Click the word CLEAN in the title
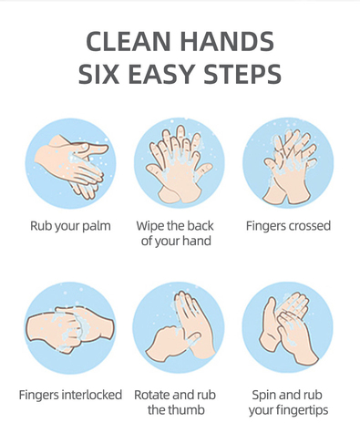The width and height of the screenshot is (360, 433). pyautogui.click(x=128, y=41)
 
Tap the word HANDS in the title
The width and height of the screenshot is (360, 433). pyautogui.click(x=227, y=41)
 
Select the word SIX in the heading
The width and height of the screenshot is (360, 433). pyautogui.click(x=98, y=74)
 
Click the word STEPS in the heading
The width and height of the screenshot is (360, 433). pyautogui.click(x=242, y=74)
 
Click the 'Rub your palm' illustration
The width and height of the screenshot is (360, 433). pyautogui.click(x=70, y=163)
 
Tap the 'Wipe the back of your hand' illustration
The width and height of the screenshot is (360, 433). pyautogui.click(x=180, y=163)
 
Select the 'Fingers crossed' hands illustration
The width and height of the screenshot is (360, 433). pyautogui.click(x=288, y=163)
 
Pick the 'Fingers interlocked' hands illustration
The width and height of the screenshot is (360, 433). pyautogui.click(x=70, y=327)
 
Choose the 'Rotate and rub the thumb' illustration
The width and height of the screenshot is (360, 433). pyautogui.click(x=179, y=327)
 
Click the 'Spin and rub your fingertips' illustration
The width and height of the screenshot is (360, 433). pyautogui.click(x=287, y=327)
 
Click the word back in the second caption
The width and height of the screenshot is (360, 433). pyautogui.click(x=200, y=226)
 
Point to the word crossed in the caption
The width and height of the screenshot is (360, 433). pyautogui.click(x=309, y=226)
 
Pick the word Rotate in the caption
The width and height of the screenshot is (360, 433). pyautogui.click(x=151, y=395)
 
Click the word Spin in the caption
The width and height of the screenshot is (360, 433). pyautogui.click(x=264, y=396)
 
